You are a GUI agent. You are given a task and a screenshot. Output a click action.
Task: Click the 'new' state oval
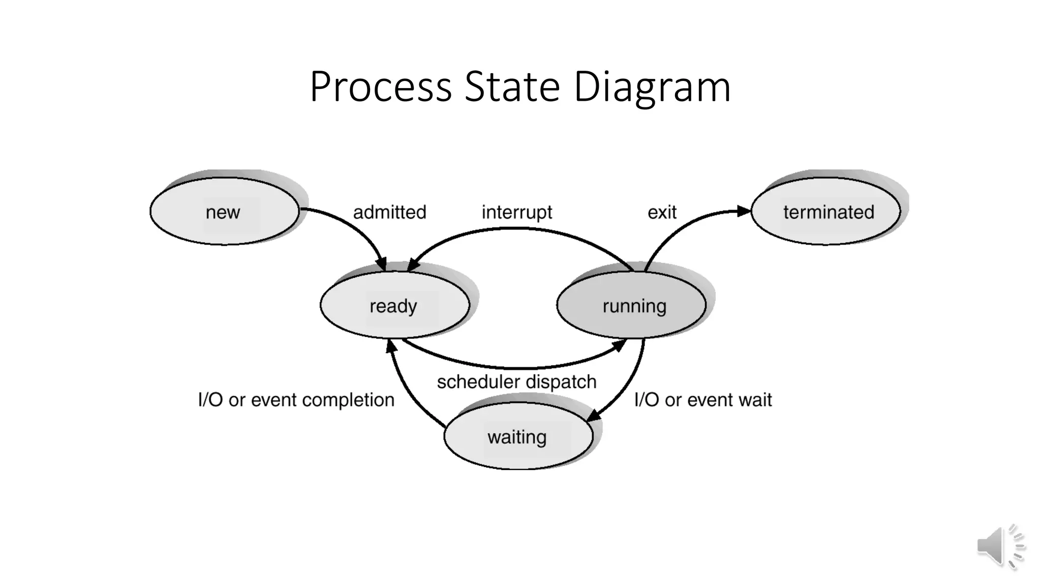[x=224, y=212]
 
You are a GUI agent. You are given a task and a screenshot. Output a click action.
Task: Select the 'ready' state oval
[x=394, y=305]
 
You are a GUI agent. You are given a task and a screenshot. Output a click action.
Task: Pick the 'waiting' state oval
[x=518, y=436]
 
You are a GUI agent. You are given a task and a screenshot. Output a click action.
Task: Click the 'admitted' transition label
[x=389, y=212]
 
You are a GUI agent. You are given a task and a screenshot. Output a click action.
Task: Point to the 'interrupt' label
[x=516, y=212]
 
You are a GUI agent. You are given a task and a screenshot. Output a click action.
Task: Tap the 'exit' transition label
[x=661, y=212]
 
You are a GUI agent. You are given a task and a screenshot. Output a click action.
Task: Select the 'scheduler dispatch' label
[x=516, y=382]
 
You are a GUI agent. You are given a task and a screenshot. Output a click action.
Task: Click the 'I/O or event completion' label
[x=296, y=400]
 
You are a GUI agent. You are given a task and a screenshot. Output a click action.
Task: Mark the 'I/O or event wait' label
[x=702, y=400]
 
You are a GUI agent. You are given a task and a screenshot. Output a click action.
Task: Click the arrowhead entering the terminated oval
[x=744, y=211]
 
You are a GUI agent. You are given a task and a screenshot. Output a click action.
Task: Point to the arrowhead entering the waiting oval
[x=593, y=415]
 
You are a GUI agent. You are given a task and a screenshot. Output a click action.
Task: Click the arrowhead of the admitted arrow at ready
[x=381, y=264]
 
